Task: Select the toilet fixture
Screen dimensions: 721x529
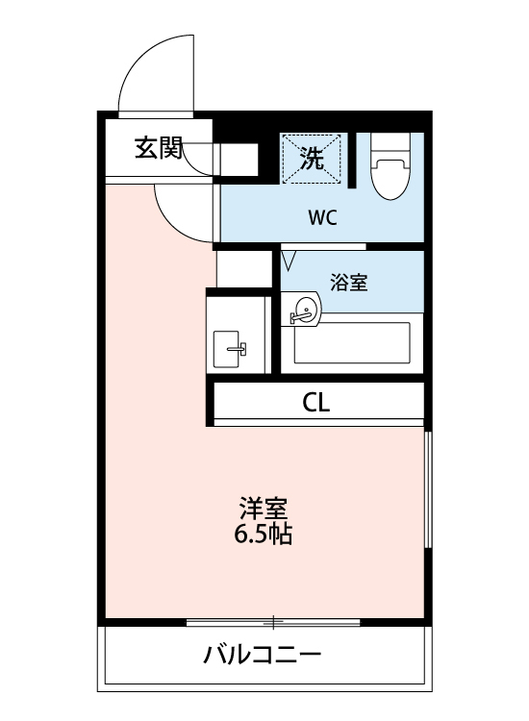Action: tap(390, 173)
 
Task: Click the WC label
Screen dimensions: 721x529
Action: tap(322, 217)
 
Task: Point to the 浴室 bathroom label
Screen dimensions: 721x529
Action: tap(348, 283)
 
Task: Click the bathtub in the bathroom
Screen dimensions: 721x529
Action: tap(352, 342)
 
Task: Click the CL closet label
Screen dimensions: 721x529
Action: tap(316, 404)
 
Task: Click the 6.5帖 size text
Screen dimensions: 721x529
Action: tap(264, 535)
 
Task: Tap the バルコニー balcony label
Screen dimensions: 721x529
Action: tap(262, 658)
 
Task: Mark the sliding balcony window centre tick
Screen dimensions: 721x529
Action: tap(274, 621)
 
